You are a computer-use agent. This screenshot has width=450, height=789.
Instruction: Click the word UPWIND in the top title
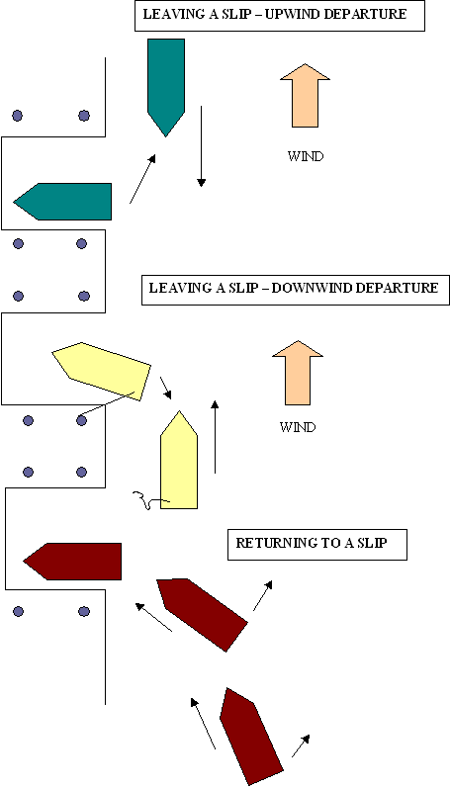point(292,14)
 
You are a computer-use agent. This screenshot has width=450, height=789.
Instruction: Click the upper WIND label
point(305,156)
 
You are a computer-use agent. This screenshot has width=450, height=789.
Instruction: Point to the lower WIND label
point(298,427)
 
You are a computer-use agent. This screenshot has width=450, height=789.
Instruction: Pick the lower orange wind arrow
point(298,373)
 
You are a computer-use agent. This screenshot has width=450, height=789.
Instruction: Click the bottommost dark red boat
point(250,736)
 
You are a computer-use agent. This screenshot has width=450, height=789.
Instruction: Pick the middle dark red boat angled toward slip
point(203,615)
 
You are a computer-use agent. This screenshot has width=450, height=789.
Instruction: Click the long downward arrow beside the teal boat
point(202,146)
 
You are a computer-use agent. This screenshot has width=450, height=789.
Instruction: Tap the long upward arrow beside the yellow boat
point(215,437)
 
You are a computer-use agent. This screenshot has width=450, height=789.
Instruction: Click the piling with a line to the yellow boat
point(81,420)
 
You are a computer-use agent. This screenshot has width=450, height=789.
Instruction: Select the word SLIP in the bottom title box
point(372,544)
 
